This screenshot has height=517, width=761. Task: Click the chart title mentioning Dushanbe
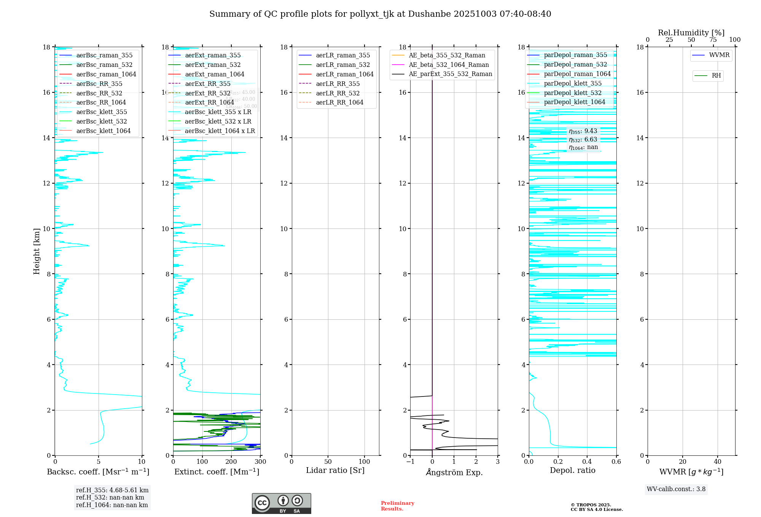(380, 14)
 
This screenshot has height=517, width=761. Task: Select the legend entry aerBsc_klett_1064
(103, 131)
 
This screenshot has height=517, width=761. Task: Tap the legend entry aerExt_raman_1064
(215, 74)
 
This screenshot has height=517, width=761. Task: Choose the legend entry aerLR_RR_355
(338, 84)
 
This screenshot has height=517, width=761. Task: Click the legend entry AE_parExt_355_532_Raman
(450, 74)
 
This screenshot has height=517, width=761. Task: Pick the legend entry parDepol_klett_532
(573, 93)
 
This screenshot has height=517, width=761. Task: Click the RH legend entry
(716, 76)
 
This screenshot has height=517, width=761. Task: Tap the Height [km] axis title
(37, 251)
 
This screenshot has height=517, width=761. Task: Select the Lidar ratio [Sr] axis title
(335, 470)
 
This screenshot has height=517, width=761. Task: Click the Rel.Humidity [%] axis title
(691, 33)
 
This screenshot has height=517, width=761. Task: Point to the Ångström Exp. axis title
(454, 472)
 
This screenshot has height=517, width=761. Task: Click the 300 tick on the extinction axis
(260, 461)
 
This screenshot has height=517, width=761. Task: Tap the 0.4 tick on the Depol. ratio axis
(587, 461)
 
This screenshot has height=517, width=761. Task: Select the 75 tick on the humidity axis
(713, 40)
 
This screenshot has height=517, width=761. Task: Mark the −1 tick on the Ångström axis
(410, 461)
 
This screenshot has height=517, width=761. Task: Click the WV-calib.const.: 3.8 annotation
(676, 489)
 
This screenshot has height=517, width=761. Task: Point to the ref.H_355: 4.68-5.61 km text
(112, 490)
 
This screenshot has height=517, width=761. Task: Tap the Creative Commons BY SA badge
(281, 503)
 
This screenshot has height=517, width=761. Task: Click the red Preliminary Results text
(397, 506)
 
